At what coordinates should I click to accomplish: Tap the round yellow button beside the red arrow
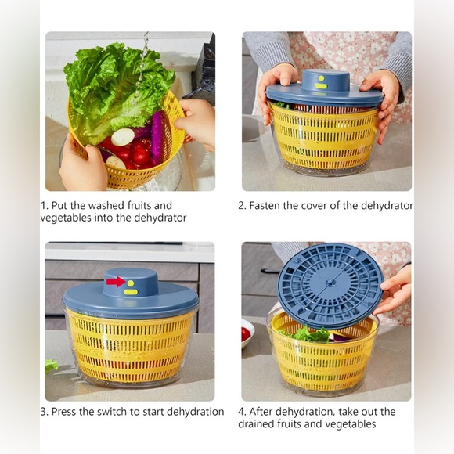point(131,283)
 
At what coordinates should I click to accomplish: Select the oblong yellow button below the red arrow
point(130,292)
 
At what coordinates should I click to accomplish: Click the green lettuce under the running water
point(117,86)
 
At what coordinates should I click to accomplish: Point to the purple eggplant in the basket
point(157,136)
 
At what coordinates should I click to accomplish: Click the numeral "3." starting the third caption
point(45,412)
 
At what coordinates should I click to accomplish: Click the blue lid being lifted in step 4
point(330,285)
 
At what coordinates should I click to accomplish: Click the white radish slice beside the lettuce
point(123,137)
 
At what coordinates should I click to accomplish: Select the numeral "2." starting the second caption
point(242,206)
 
